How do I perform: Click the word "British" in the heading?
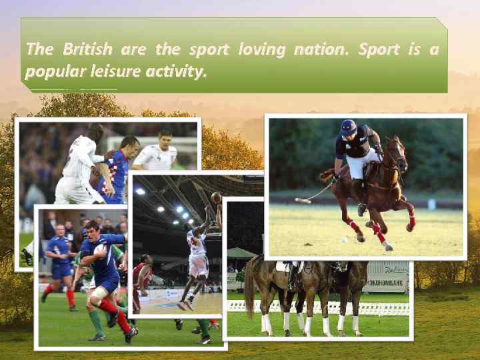[88, 50]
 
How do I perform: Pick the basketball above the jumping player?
[216, 197]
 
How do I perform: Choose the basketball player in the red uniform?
[139, 283]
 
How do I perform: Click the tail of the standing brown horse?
[250, 287]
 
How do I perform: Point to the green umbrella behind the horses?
[241, 253]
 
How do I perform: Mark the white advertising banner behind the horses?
[387, 276]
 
